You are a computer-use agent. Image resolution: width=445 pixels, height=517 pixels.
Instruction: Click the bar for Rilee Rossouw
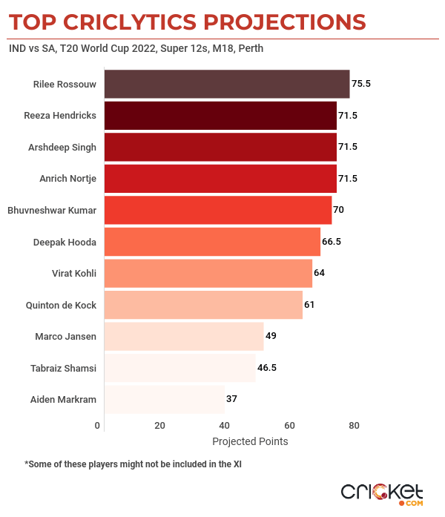[226, 84]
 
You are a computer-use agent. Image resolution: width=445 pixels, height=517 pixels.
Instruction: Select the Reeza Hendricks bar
[220, 116]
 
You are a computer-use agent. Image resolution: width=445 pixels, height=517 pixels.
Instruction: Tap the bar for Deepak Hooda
[212, 242]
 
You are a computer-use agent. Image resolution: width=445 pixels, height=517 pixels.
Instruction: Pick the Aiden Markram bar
[164, 399]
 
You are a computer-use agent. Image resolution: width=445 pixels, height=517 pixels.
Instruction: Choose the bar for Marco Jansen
[184, 336]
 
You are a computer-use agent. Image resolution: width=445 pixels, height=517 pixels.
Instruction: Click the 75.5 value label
[361, 84]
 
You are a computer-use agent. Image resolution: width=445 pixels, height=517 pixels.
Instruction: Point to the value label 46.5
[269, 367]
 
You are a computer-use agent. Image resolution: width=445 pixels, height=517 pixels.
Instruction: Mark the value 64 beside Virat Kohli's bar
[320, 273]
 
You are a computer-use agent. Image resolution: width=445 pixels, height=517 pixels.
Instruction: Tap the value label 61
[310, 305]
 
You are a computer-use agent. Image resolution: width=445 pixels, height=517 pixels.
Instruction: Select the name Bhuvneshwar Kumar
[52, 210]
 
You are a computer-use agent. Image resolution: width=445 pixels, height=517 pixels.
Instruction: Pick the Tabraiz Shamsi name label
[65, 367]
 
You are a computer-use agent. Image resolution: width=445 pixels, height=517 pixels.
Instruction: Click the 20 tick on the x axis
[159, 426]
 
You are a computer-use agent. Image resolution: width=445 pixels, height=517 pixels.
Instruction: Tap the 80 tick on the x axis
[355, 426]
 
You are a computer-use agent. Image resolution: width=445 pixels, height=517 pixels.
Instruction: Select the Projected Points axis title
[250, 441]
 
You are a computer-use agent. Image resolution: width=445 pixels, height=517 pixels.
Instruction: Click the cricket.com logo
[381, 493]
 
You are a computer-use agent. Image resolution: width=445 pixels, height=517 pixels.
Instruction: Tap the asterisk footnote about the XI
[133, 464]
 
